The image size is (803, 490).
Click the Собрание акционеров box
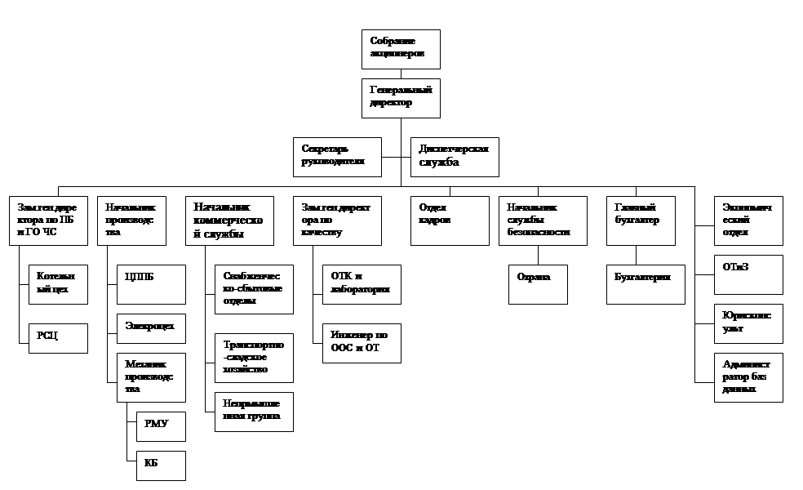coord(401,49)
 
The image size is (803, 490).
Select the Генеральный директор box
coord(401,98)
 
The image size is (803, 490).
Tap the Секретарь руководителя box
coord(337,157)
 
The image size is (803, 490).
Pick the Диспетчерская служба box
coord(454,157)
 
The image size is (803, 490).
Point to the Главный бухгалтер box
coord(641,220)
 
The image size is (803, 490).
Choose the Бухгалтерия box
coord(646,284)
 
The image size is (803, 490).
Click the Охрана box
coord(538,284)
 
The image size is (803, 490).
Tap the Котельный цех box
coord(57,284)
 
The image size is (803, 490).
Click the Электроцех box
coord(151,328)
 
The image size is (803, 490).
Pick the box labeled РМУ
coord(161,426)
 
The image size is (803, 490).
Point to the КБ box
coord(161,465)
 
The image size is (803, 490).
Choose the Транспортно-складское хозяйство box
coord(254,358)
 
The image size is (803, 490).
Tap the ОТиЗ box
coord(748,274)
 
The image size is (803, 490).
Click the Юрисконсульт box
coord(748,323)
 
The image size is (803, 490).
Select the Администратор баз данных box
coord(748,377)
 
